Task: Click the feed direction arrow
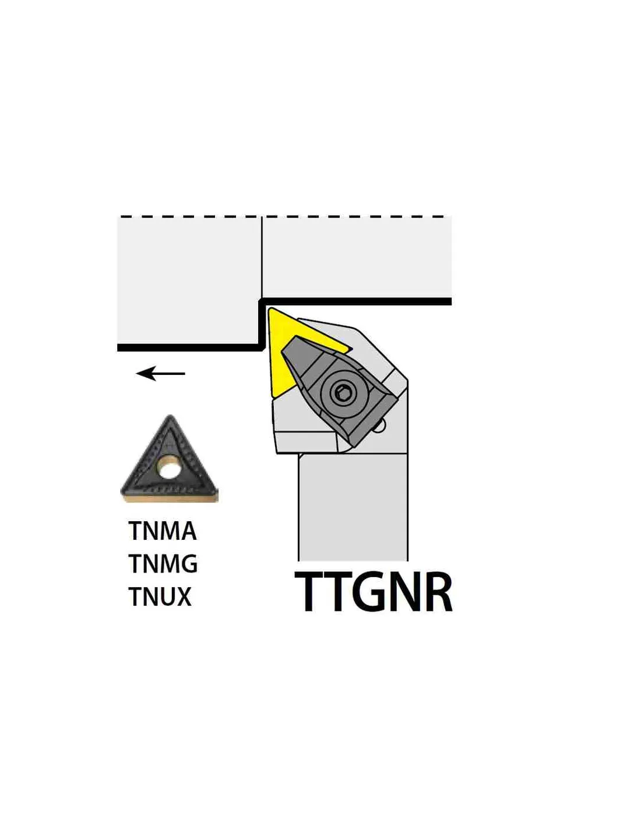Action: [x=160, y=373]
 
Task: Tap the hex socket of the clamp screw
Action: [x=340, y=392]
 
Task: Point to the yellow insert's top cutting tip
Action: [x=270, y=310]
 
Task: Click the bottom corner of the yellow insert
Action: [x=272, y=396]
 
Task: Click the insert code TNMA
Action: [x=163, y=531]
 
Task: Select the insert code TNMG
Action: [x=163, y=564]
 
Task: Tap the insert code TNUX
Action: [x=160, y=596]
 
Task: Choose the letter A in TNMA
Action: [x=188, y=531]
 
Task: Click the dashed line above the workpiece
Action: [x=282, y=217]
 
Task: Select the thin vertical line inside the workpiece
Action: [x=262, y=258]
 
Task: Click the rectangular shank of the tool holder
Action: [x=353, y=507]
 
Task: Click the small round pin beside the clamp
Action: [x=380, y=426]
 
